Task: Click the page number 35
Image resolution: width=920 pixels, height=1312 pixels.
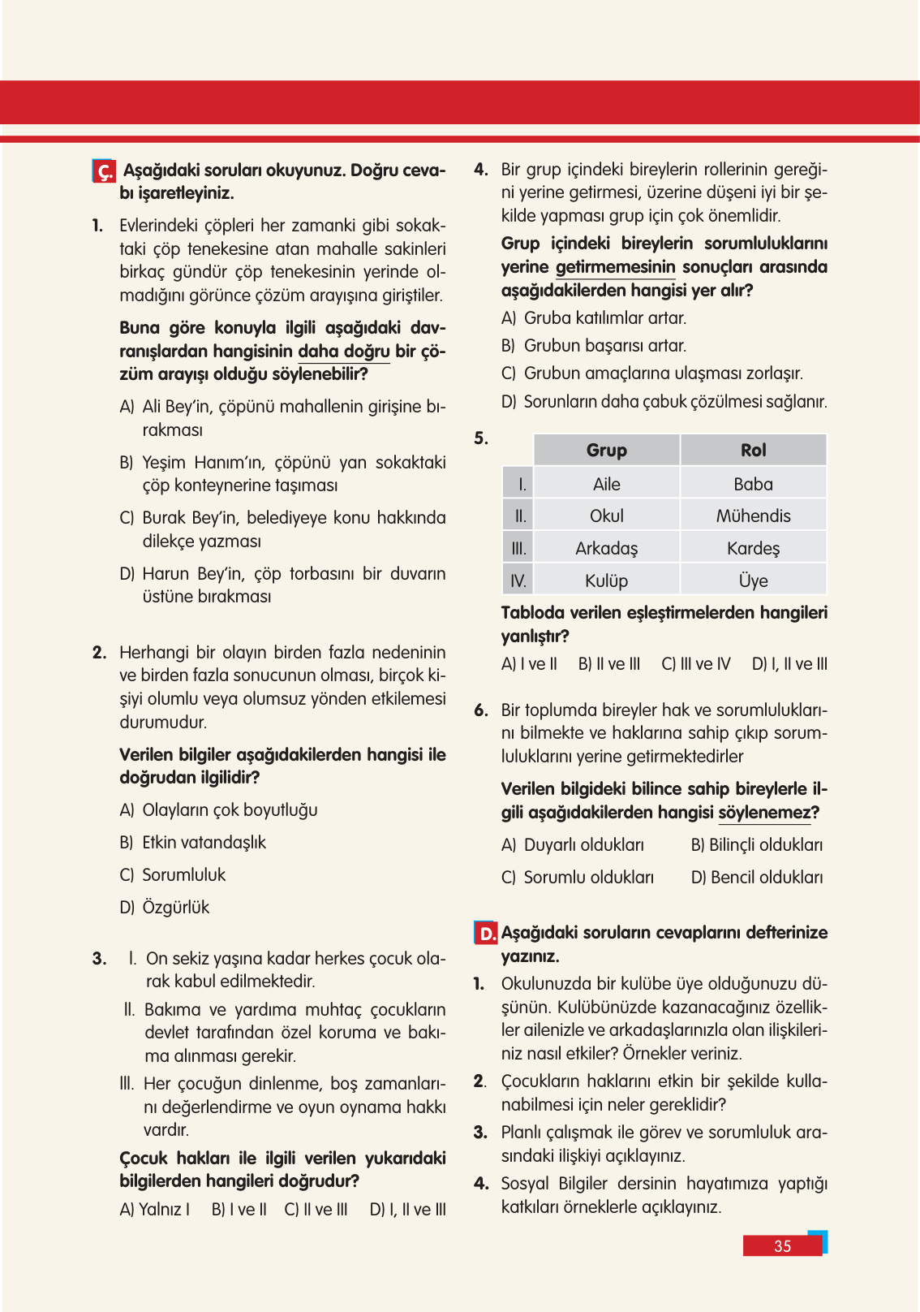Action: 782,1246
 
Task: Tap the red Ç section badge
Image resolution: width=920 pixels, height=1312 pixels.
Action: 104,171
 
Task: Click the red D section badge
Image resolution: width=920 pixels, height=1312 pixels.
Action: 485,933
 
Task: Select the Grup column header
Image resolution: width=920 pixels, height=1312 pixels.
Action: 606,450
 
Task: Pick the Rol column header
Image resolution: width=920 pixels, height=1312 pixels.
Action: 753,450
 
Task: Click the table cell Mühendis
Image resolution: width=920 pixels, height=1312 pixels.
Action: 753,516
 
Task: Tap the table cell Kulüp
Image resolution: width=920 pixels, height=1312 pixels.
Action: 606,580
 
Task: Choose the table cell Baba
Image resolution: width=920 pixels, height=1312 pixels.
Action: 753,484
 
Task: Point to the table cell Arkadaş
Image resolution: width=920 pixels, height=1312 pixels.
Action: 606,548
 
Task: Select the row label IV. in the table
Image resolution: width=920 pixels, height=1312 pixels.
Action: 518,580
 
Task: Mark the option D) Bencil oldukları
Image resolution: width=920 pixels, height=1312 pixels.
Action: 756,877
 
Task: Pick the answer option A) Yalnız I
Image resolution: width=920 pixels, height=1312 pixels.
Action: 155,1209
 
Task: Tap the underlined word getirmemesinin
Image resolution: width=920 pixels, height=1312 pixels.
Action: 615,266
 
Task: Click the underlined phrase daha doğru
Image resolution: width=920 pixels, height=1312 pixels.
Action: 344,351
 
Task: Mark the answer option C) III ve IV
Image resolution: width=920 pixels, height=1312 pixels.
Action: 696,663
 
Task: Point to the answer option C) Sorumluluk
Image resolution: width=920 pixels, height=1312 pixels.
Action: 173,874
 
